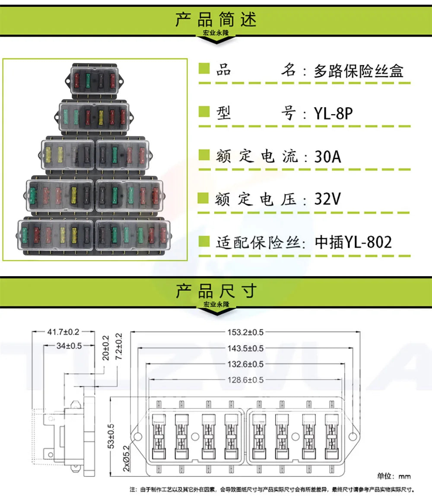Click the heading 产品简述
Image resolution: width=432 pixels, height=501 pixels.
pyautogui.click(x=216, y=19)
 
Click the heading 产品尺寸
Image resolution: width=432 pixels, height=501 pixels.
pyautogui.click(x=216, y=291)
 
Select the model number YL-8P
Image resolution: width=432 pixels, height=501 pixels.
pyautogui.click(x=334, y=113)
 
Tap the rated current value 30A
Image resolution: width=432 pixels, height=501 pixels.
pyautogui.click(x=327, y=156)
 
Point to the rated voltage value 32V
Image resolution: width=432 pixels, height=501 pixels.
pyautogui.click(x=327, y=199)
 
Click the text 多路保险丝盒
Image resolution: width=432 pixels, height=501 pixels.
pyautogui.click(x=359, y=71)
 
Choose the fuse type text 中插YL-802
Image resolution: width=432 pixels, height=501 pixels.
pyautogui.click(x=353, y=242)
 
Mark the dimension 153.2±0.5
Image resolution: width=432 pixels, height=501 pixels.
pyautogui.click(x=245, y=332)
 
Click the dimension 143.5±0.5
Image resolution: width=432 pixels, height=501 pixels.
pyautogui.click(x=245, y=348)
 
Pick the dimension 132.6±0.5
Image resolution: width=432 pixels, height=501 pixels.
pyautogui.click(x=245, y=364)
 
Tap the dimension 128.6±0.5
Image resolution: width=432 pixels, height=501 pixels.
pyautogui.click(x=245, y=380)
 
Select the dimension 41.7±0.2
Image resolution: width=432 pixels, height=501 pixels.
pyautogui.click(x=63, y=332)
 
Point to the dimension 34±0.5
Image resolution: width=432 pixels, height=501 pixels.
pyautogui.click(x=69, y=346)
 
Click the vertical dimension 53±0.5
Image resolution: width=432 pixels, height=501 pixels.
pyautogui.click(x=111, y=436)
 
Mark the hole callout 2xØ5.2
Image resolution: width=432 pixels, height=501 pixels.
pyautogui.click(x=127, y=459)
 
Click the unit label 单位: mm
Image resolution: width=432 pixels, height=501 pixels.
pyautogui.click(x=394, y=476)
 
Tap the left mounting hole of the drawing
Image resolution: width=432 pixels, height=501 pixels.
pyautogui.click(x=138, y=437)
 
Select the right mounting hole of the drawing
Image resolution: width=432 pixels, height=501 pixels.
pyautogui.click(x=353, y=437)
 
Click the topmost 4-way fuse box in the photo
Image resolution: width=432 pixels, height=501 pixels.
pyautogui.click(x=95, y=80)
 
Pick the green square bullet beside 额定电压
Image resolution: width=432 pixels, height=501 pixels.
pyautogui.click(x=203, y=198)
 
